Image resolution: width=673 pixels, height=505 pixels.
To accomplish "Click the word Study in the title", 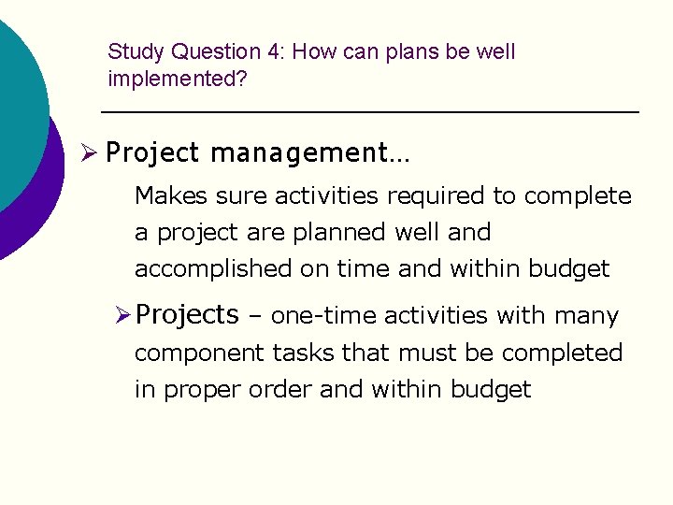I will pyautogui.click(x=136, y=52).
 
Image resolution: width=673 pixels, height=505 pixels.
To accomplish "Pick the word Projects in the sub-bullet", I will pyautogui.click(x=187, y=315).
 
